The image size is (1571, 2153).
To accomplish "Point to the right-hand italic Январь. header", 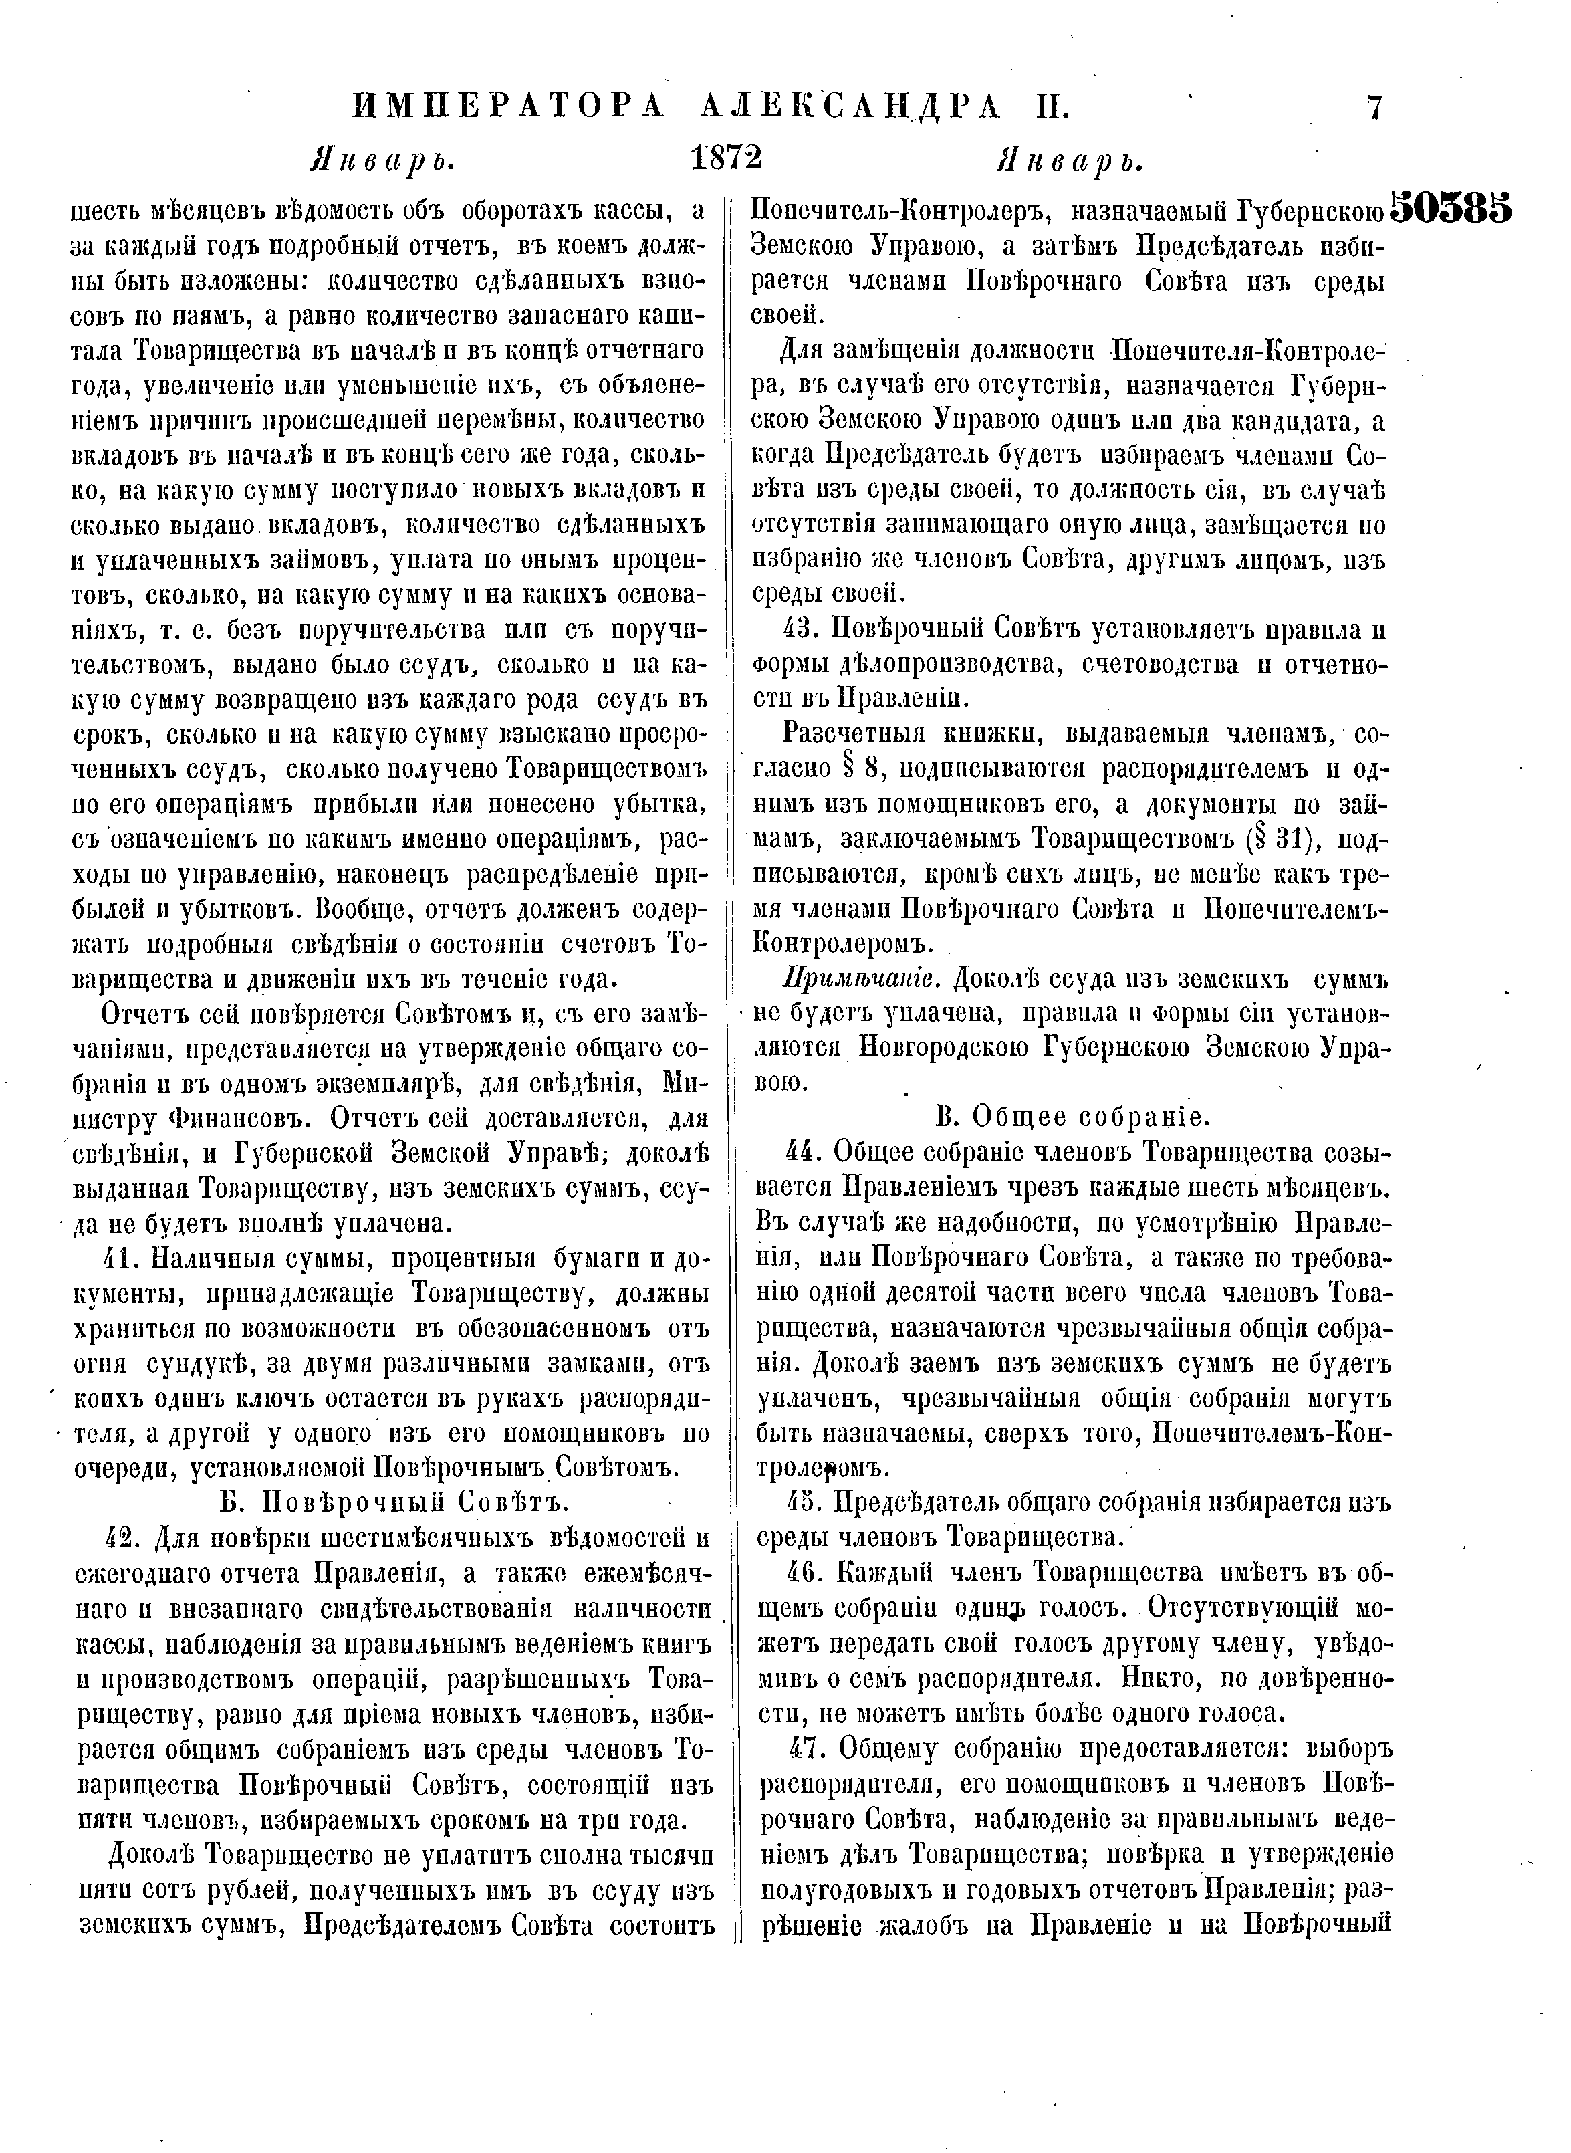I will click(x=1070, y=160).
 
